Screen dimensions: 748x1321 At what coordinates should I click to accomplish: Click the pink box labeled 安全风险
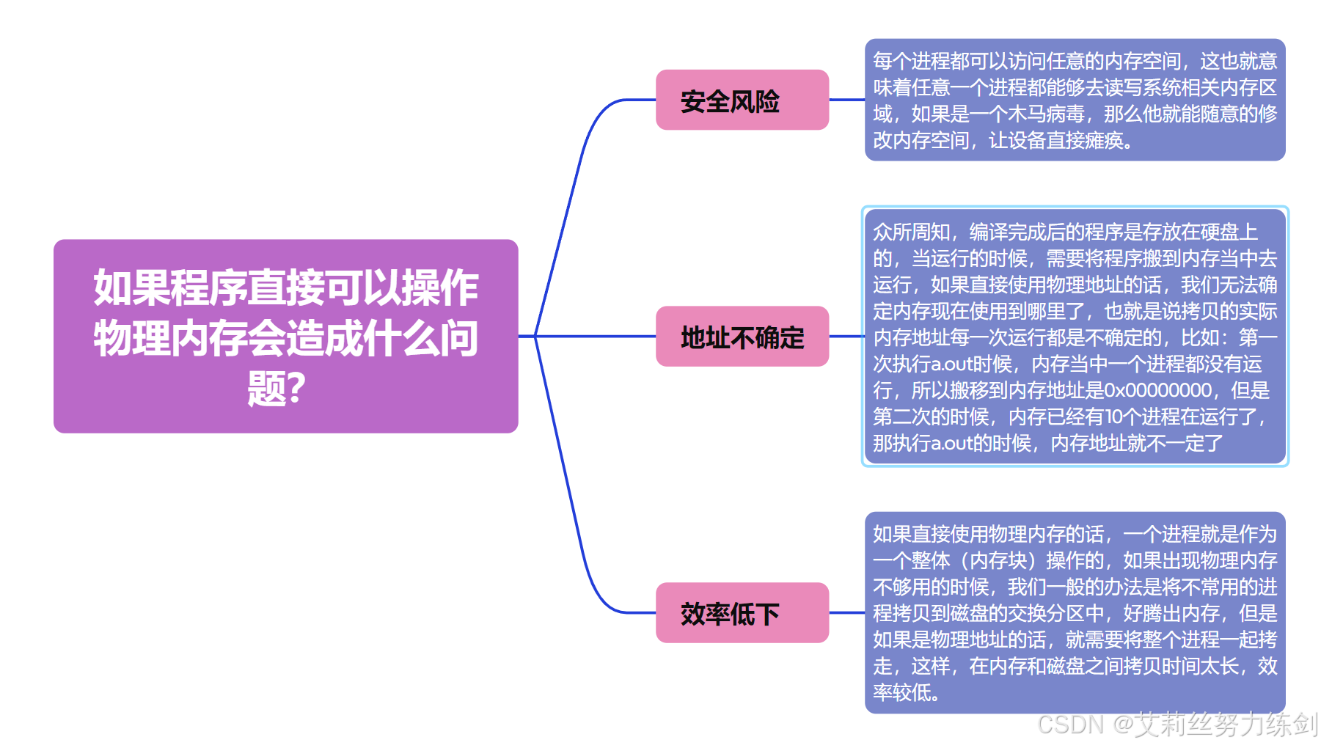[742, 100]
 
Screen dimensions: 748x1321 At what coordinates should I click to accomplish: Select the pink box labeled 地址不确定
[742, 337]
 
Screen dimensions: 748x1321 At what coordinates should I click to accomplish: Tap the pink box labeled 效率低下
[742, 613]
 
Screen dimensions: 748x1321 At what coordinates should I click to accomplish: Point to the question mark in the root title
[296, 389]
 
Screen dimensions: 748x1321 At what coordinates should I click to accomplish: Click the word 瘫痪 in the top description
[1103, 141]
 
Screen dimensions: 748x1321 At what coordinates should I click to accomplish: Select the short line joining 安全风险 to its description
[846, 100]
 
